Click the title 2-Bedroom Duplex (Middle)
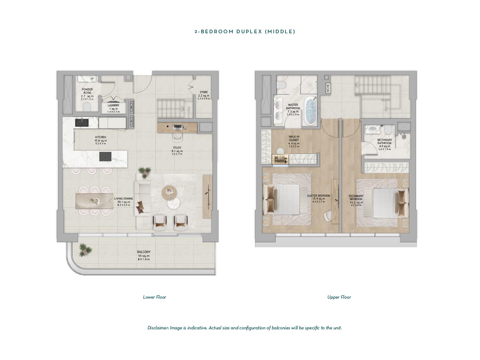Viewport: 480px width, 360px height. tap(245, 32)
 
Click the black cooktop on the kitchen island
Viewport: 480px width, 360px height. tap(105, 156)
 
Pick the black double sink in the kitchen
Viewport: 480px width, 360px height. tap(82, 123)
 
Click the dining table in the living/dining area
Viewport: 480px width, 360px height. tap(94, 201)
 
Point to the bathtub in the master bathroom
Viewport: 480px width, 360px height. tap(311, 111)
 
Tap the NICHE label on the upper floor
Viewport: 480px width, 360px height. tap(328, 88)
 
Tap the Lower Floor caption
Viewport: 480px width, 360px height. tap(154, 297)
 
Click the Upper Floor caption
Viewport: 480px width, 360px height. tap(339, 297)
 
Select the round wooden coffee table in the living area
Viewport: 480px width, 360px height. tap(169, 192)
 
